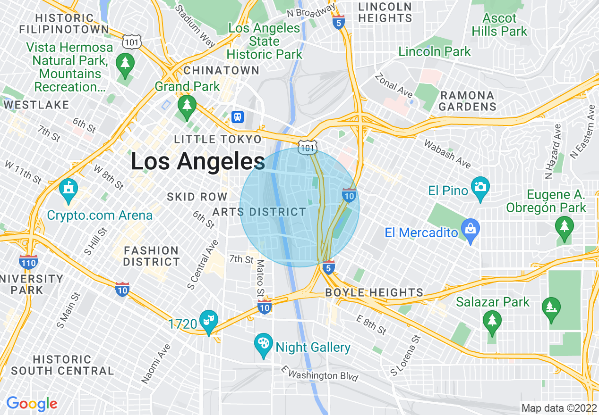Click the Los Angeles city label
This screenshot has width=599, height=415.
pyautogui.click(x=197, y=162)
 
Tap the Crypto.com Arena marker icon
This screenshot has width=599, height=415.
pyautogui.click(x=68, y=190)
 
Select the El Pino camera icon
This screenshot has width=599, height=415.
pyautogui.click(x=480, y=187)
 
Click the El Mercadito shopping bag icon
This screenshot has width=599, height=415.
pyautogui.click(x=470, y=229)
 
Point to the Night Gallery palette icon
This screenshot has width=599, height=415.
pyautogui.click(x=263, y=343)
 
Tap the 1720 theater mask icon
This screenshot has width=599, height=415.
pyautogui.click(x=207, y=320)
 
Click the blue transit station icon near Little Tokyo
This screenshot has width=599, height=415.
pyautogui.click(x=238, y=116)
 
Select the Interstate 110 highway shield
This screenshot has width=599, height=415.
pyautogui.click(x=29, y=262)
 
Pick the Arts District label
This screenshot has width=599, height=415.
pyautogui.click(x=259, y=212)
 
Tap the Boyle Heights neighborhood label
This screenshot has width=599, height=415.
pyautogui.click(x=374, y=293)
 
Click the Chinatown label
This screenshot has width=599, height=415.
pyautogui.click(x=221, y=71)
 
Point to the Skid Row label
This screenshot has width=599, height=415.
pyautogui.click(x=197, y=197)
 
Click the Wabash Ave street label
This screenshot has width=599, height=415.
pyautogui.click(x=447, y=154)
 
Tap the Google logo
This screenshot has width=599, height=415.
pyautogui.click(x=32, y=404)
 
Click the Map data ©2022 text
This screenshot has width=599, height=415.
pyautogui.click(x=558, y=408)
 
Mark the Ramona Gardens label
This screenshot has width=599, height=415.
pyautogui.click(x=467, y=101)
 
